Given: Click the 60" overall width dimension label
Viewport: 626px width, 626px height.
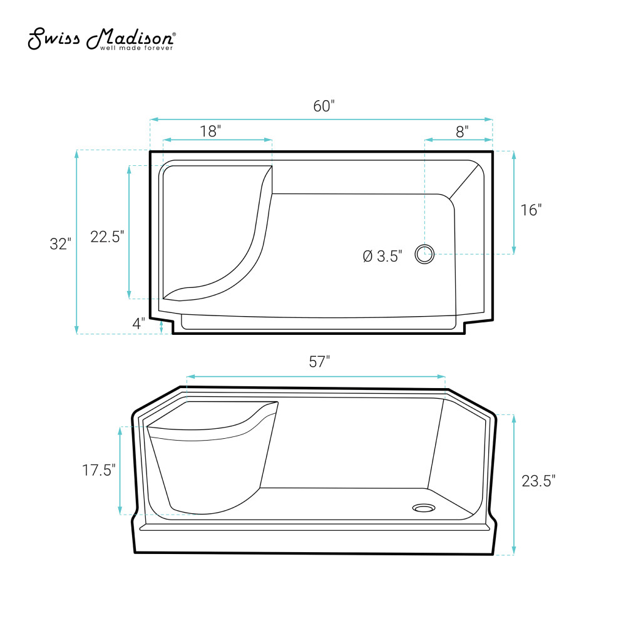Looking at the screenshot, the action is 324,106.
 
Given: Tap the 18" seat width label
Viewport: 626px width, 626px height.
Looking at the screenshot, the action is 210,131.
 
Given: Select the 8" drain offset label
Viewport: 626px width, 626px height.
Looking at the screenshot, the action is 462,131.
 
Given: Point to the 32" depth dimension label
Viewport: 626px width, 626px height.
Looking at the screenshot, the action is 60,244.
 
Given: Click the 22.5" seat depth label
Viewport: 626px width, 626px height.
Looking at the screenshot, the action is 107,237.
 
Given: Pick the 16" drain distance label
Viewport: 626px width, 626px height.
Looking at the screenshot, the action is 531,210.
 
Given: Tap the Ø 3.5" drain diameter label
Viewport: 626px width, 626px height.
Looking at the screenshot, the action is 382,256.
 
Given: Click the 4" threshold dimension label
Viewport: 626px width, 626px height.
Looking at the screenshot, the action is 138,324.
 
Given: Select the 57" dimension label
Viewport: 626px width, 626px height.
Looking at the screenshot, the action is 319,362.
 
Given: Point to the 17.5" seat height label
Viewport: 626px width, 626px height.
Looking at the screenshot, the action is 99,470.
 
